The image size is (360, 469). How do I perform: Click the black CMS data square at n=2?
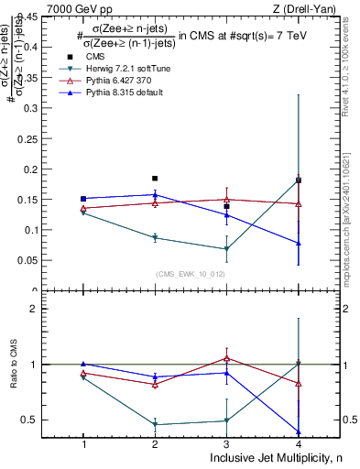155,179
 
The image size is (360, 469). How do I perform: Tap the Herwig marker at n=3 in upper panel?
226,249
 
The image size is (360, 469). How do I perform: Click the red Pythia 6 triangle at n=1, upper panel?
83,209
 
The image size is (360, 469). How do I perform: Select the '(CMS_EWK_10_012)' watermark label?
191,274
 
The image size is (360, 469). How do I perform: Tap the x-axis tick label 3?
226,443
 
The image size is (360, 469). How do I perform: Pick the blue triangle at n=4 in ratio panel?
299,431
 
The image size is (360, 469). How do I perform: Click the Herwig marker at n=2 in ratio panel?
155,424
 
